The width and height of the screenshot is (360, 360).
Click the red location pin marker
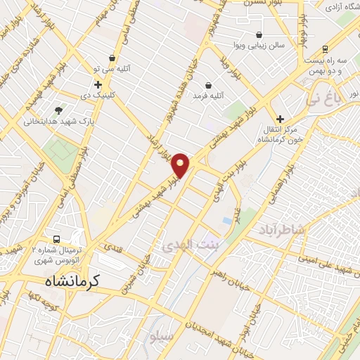click(x=181, y=165)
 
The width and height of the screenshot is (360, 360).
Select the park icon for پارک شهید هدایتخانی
click(x=58, y=110)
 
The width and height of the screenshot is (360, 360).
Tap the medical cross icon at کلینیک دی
click(x=98, y=84)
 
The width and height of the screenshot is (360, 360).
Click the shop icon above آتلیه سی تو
click(x=112, y=58)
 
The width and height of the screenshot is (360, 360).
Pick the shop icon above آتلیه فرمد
click(x=209, y=85)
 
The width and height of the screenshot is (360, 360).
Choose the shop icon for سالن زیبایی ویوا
click(x=259, y=34)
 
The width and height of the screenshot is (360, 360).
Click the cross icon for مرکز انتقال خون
click(x=280, y=120)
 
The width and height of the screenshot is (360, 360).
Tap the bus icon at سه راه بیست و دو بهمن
click(x=324, y=49)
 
